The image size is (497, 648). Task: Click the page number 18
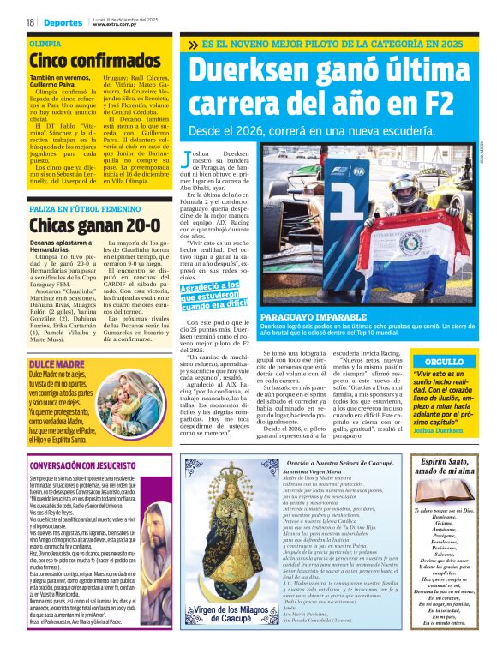pyautogui.click(x=30, y=21)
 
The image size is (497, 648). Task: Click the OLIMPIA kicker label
pyautogui.click(x=45, y=42)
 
